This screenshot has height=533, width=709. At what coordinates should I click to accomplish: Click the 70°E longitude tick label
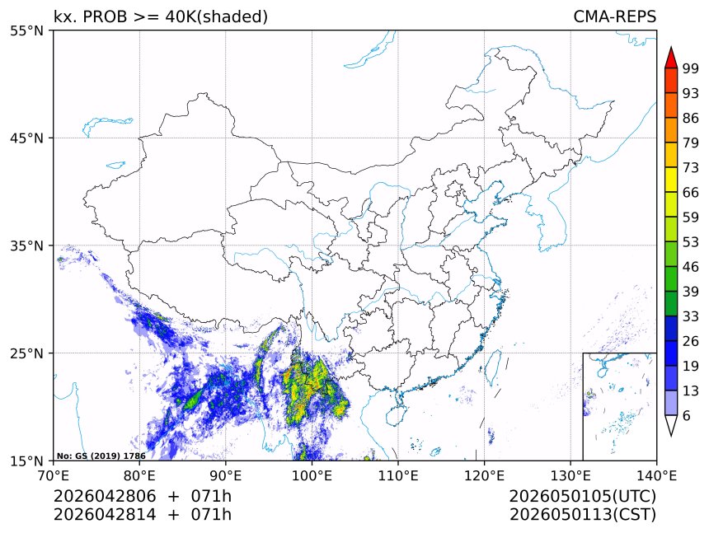click(x=54, y=475)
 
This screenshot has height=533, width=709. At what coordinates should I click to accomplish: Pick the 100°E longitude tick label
click(x=312, y=475)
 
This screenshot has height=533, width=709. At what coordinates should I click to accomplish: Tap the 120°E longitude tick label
click(x=484, y=475)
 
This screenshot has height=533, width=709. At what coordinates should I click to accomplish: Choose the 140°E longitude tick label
click(x=656, y=475)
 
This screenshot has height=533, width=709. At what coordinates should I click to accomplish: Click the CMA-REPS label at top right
click(x=614, y=16)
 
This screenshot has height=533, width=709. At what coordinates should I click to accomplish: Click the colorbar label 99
click(x=691, y=68)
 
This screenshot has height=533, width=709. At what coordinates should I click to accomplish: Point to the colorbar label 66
click(x=691, y=192)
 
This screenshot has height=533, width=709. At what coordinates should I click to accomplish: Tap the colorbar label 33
click(x=691, y=316)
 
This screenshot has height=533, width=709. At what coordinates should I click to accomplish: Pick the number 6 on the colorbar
click(x=686, y=416)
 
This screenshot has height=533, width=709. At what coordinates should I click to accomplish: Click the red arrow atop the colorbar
click(x=670, y=57)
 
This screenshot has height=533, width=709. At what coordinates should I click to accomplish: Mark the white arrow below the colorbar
click(x=670, y=425)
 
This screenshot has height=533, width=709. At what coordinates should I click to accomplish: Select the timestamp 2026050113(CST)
click(x=582, y=515)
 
